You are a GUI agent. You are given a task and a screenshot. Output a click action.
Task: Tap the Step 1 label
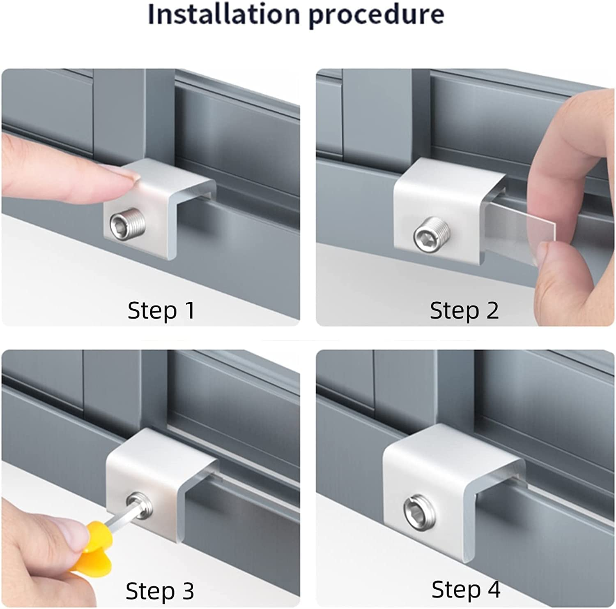(x=161, y=310)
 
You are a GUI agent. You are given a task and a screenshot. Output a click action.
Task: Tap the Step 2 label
(x=464, y=310)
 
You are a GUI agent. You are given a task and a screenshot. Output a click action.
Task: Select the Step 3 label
(x=160, y=591)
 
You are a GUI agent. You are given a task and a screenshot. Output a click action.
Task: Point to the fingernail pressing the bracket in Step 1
(x=131, y=178)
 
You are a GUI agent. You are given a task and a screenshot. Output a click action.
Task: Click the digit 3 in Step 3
(x=186, y=591)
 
